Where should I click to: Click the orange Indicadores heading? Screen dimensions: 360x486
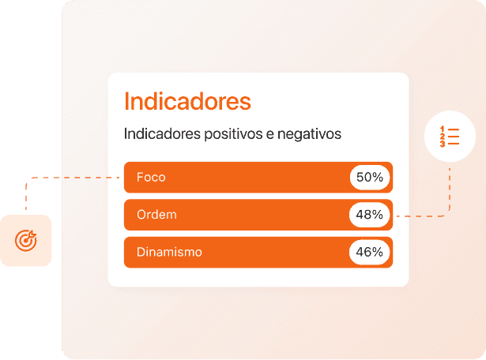click(187, 102)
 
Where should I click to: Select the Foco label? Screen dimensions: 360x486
click(151, 177)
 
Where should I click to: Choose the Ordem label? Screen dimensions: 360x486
click(156, 215)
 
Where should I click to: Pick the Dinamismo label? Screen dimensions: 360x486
click(169, 253)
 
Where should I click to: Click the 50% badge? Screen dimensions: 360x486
click(369, 178)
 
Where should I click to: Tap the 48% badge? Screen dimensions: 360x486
click(369, 215)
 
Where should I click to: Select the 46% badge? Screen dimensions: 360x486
click(369, 253)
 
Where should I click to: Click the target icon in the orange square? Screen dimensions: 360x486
click(26, 240)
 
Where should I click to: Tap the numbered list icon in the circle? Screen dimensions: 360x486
click(449, 136)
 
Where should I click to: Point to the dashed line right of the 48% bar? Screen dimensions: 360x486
click(423, 215)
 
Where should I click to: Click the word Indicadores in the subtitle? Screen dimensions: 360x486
click(161, 134)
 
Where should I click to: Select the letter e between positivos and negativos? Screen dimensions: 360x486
click(269, 134)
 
